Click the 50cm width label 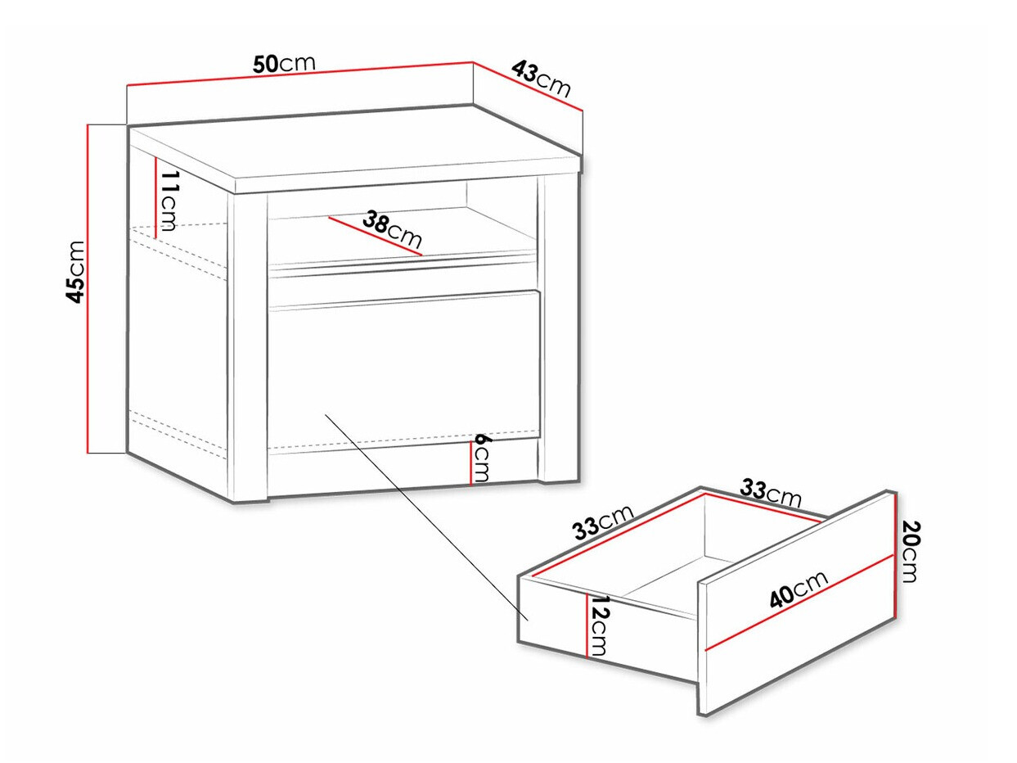click(x=284, y=64)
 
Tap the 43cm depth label click(x=541, y=79)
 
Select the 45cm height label click(x=75, y=271)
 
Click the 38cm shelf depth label click(x=392, y=229)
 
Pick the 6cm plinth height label click(x=481, y=458)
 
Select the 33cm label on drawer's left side click(x=603, y=522)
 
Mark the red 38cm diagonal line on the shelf click(x=376, y=236)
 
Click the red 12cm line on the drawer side click(x=587, y=625)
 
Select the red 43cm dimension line click(x=527, y=92)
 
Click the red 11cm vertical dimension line click(x=155, y=198)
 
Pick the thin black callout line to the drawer click(x=427, y=517)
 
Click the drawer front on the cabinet click(x=404, y=366)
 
